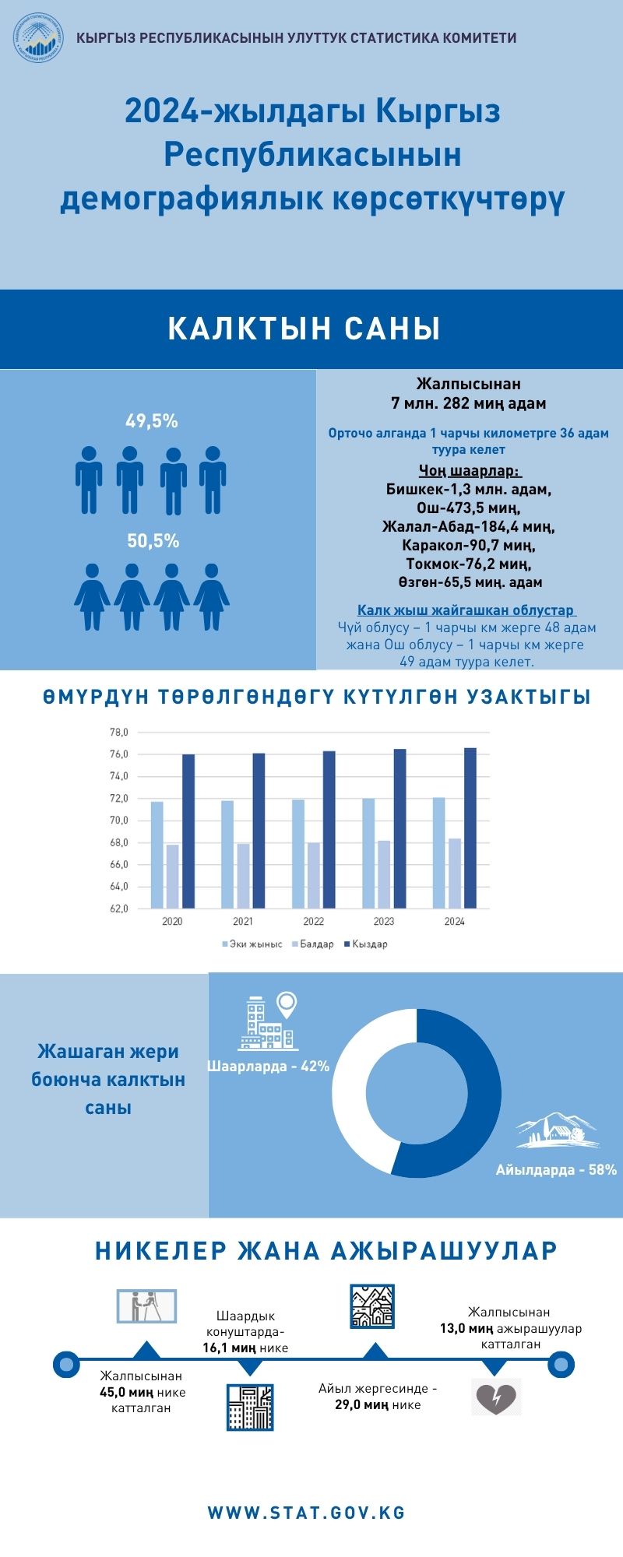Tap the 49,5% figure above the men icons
[152, 421]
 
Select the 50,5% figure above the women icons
[153, 541]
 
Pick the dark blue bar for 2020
[188, 831]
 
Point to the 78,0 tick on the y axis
[118, 733]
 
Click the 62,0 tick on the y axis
[118, 909]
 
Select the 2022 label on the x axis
[313, 922]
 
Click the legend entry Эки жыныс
[252, 944]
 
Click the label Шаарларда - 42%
[269, 1067]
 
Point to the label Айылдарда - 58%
[556, 1170]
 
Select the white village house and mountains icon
[557, 1130]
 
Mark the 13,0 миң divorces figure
[466, 1328]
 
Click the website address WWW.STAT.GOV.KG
[307, 1513]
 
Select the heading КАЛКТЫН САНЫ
[304, 329]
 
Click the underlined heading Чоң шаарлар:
[470, 471]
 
